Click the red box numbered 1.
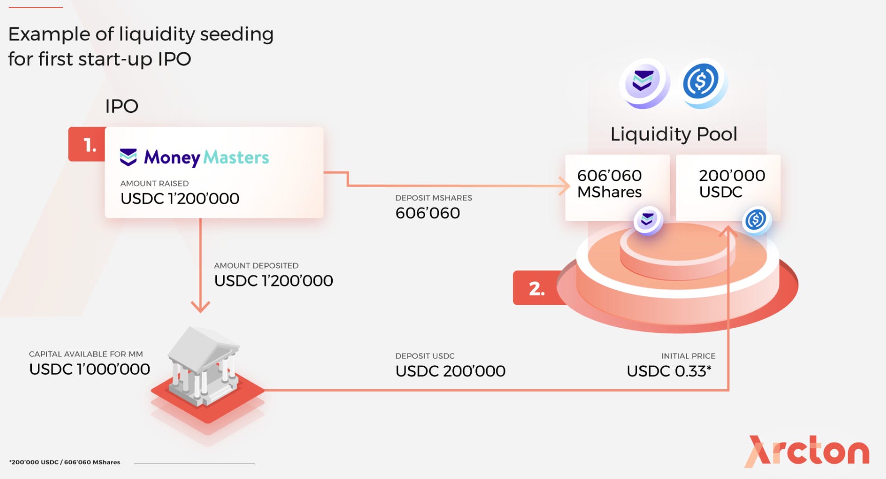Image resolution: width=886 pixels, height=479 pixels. tap(88, 145)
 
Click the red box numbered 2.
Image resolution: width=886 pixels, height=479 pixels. tap(536, 288)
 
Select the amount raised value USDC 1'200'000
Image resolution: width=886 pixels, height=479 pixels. tap(180, 198)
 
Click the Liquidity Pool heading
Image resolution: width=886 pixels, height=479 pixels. tap(673, 134)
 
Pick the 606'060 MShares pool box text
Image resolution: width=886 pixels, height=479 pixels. tap(609, 184)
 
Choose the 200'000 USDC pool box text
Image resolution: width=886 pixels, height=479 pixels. tap(731, 184)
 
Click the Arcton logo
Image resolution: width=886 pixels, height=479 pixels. tap(807, 451)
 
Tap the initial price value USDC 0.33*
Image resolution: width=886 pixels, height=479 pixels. tap(669, 371)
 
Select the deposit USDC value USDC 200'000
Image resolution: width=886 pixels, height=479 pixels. tap(450, 371)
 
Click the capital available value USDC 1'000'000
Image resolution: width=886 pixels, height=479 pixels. tap(90, 369)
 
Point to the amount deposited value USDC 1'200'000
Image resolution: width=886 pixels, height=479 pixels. tap(274, 281)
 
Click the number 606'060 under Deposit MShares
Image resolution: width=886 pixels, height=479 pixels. tap(428, 213)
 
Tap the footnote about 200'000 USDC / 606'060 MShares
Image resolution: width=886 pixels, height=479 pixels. tap(65, 462)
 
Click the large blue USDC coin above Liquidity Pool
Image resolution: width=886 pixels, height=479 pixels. tap(702, 82)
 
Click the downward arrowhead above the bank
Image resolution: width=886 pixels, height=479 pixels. tap(200, 306)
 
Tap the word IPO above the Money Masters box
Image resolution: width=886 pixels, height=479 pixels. tap(122, 106)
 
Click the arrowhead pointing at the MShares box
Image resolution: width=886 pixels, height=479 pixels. tap(565, 186)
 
